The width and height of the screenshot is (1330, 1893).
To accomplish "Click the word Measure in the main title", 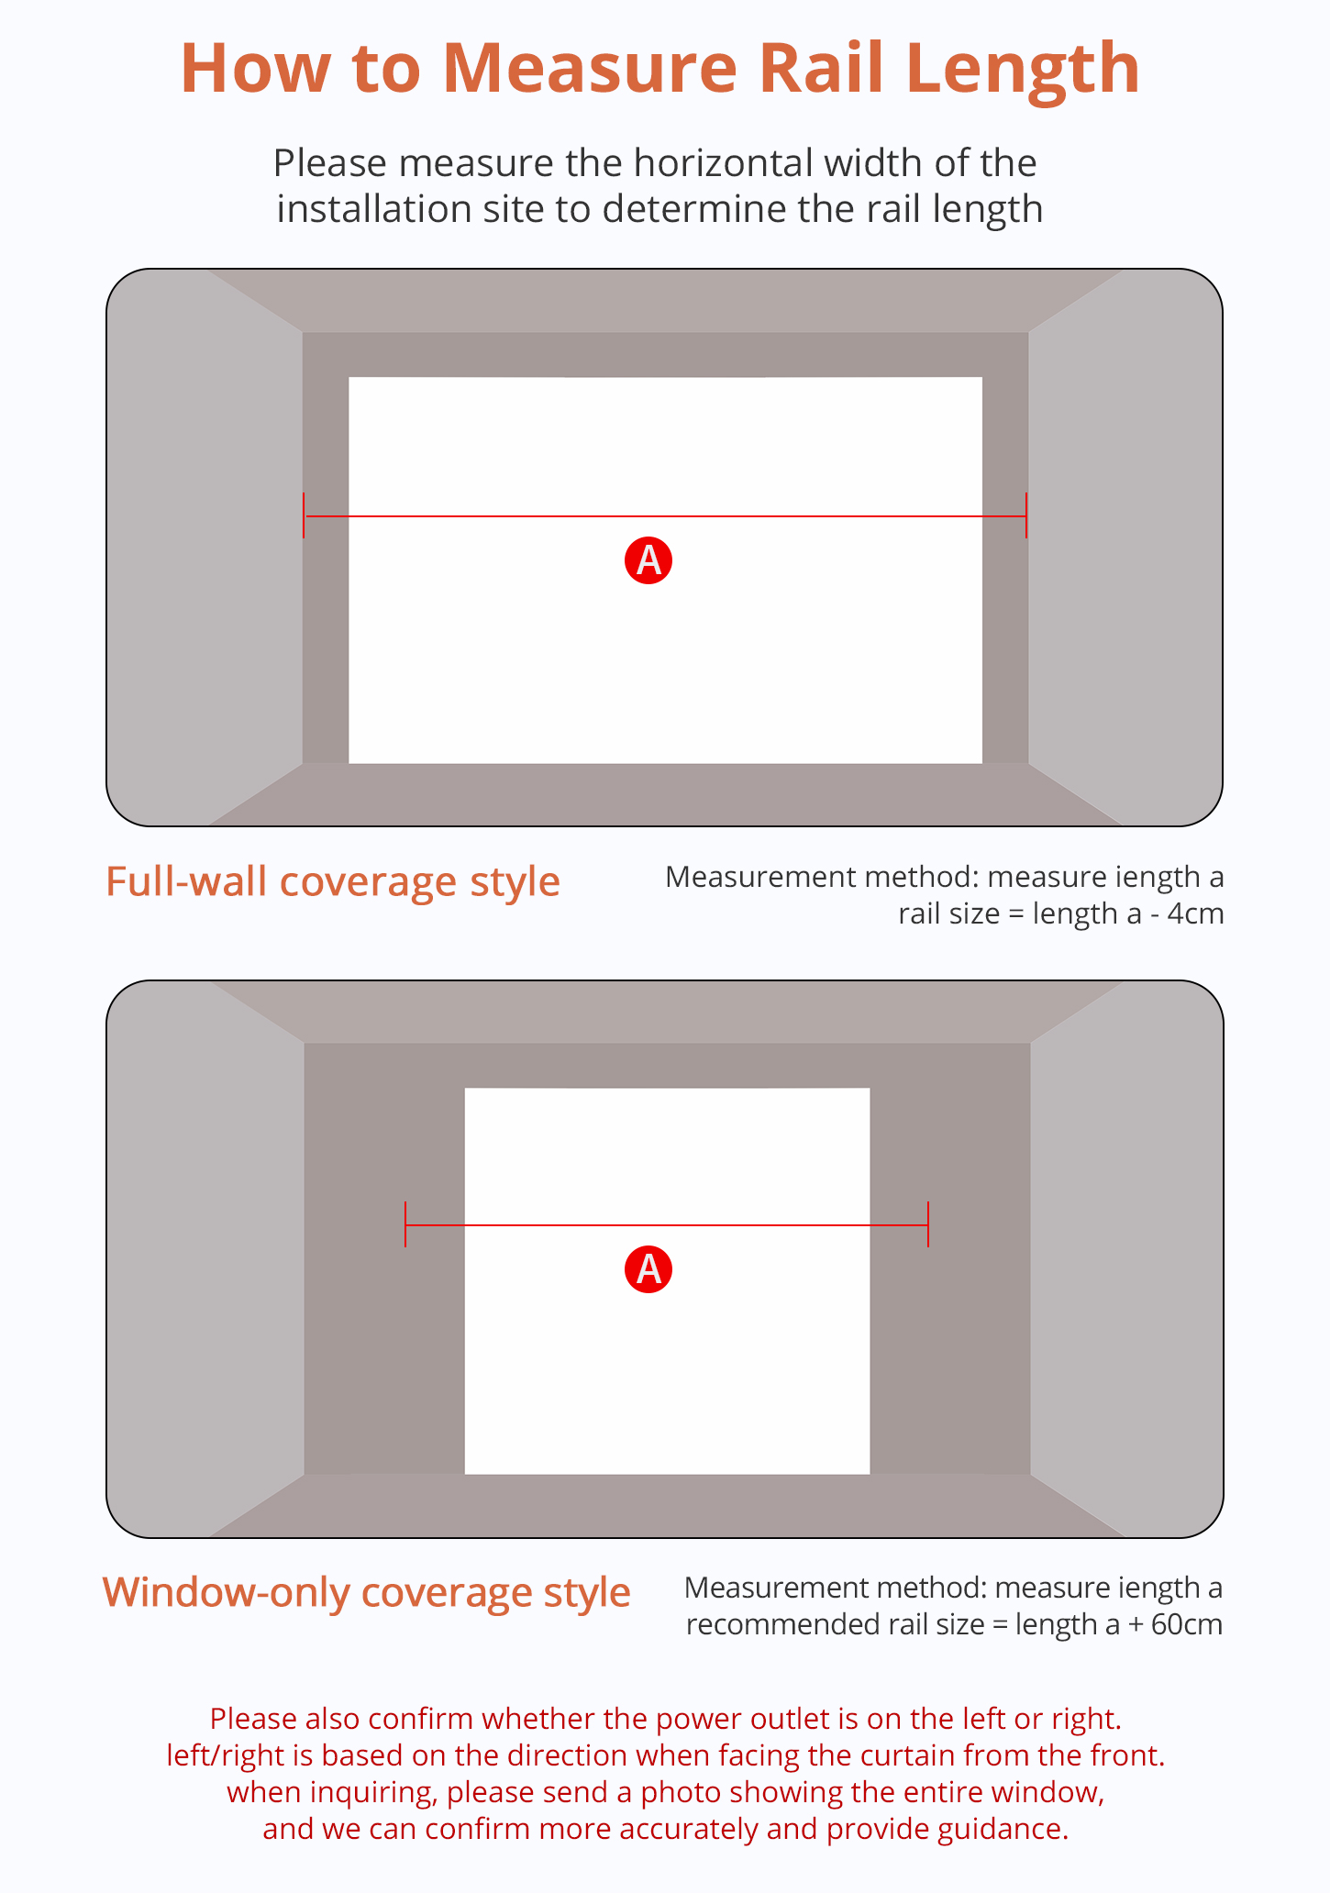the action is pyautogui.click(x=589, y=68).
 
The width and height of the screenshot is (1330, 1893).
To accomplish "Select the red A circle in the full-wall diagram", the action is pyautogui.click(x=648, y=559).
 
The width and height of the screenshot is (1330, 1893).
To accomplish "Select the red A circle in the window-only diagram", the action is pyautogui.click(x=648, y=1269).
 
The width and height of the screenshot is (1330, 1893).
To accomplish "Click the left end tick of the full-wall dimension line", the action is pyautogui.click(x=305, y=515).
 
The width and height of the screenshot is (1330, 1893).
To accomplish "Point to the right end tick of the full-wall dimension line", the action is pyautogui.click(x=1026, y=515).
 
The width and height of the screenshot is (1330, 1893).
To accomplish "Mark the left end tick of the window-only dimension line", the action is pyautogui.click(x=405, y=1224).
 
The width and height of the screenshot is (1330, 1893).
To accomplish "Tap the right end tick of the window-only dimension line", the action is pyautogui.click(x=928, y=1224).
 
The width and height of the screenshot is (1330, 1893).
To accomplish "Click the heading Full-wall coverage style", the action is pyautogui.click(x=333, y=882).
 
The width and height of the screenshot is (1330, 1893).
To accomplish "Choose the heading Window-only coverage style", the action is pyautogui.click(x=367, y=1593).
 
